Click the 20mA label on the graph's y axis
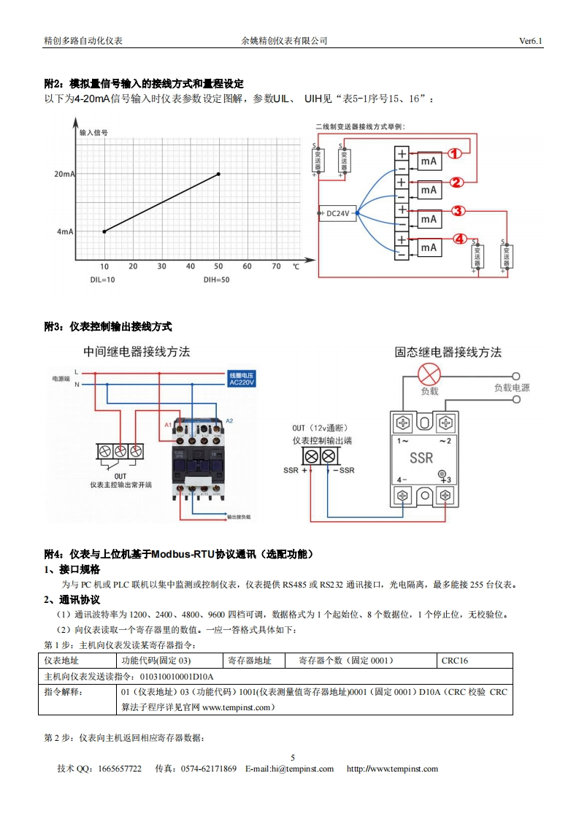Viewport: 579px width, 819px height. tap(64, 174)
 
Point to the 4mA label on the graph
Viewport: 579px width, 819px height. tap(66, 231)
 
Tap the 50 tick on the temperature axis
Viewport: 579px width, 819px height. tap(218, 266)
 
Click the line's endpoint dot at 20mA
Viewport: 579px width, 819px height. tap(218, 174)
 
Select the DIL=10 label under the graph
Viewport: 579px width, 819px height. tap(103, 280)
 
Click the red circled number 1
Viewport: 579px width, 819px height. tap(454, 153)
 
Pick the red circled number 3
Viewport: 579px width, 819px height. tap(458, 211)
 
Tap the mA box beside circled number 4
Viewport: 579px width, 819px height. tap(429, 247)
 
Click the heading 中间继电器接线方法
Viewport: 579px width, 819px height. tap(137, 352)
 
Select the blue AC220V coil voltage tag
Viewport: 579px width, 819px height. tap(242, 378)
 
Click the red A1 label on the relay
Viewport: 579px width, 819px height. tap(167, 424)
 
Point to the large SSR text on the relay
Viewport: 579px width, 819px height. tap(421, 458)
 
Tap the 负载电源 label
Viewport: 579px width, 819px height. tap(511, 388)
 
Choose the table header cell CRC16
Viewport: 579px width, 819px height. tap(454, 661)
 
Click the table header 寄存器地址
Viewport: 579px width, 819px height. tap(250, 661)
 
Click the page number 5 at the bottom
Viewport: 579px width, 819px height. tap(293, 757)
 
